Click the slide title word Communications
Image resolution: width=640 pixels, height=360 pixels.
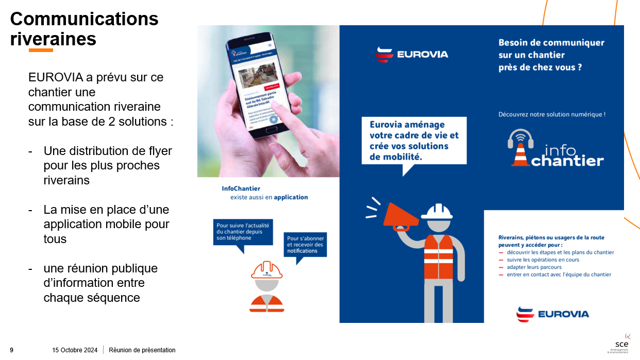click(85, 19)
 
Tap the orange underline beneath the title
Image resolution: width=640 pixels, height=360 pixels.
click(41, 50)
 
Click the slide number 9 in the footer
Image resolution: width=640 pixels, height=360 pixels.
click(12, 350)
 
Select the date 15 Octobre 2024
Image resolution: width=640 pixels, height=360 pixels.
click(75, 350)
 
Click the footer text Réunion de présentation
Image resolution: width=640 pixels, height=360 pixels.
click(142, 350)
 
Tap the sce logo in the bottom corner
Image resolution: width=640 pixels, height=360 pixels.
click(620, 344)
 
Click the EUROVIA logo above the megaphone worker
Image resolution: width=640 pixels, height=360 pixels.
click(412, 54)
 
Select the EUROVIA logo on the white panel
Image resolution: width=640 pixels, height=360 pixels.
click(552, 314)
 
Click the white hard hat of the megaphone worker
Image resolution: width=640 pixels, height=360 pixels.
click(436, 211)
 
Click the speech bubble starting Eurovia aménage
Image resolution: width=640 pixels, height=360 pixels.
click(414, 141)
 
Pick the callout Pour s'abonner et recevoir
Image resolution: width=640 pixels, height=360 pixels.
click(306, 245)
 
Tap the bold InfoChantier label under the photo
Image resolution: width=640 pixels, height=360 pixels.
click(241, 188)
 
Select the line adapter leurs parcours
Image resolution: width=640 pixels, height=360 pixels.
click(534, 267)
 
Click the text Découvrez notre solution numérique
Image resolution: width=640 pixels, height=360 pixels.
click(551, 114)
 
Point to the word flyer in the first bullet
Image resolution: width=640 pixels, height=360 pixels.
click(157, 151)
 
